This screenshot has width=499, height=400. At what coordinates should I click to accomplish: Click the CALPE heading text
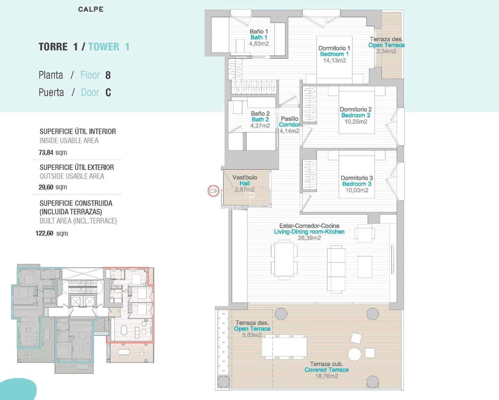(x=91, y=9)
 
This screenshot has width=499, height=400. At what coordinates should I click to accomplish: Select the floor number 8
(x=108, y=75)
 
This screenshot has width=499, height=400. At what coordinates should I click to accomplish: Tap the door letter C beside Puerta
(x=108, y=92)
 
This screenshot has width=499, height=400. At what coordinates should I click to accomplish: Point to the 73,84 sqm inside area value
(x=53, y=153)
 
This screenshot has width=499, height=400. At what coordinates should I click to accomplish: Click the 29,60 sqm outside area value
(x=53, y=187)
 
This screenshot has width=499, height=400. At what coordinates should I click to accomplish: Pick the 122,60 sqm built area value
(x=52, y=233)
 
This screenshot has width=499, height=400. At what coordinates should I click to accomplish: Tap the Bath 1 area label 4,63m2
(x=259, y=44)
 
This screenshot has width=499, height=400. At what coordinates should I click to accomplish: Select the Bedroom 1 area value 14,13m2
(x=334, y=60)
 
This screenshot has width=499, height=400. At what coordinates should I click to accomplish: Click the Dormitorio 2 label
(x=355, y=109)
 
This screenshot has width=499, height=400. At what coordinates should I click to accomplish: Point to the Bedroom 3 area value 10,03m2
(x=356, y=190)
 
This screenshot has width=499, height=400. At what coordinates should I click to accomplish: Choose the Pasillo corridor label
(x=289, y=119)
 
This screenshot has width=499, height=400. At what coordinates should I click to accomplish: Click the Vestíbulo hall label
(x=245, y=177)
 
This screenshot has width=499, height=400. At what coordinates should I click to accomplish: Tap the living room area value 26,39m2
(x=309, y=238)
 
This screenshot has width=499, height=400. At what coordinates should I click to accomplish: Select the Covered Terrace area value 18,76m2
(x=326, y=376)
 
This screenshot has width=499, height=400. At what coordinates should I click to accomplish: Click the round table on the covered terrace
(x=354, y=354)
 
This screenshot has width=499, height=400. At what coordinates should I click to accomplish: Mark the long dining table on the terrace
(x=284, y=347)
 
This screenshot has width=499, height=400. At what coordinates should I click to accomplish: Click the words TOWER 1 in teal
(x=109, y=47)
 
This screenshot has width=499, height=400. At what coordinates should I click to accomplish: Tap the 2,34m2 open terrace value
(x=386, y=51)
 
